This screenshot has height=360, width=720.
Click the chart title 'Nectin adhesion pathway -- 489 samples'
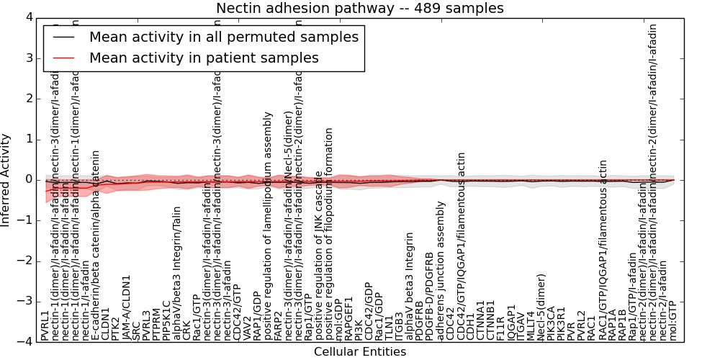360,8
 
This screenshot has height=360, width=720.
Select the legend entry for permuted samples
223,37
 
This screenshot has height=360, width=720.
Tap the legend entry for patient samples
204,58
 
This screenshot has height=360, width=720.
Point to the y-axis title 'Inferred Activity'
6,180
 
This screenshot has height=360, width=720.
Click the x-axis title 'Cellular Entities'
360,352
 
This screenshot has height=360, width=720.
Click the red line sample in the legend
64,58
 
